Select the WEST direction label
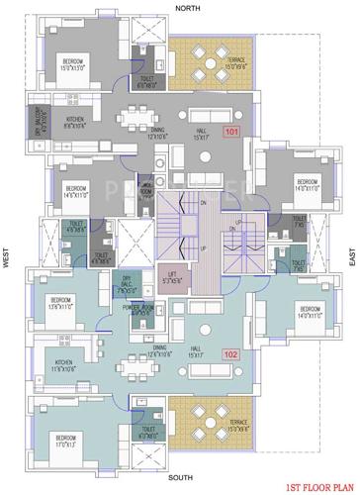click(7, 258)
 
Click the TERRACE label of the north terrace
click(234, 64)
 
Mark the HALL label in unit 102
click(199, 352)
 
